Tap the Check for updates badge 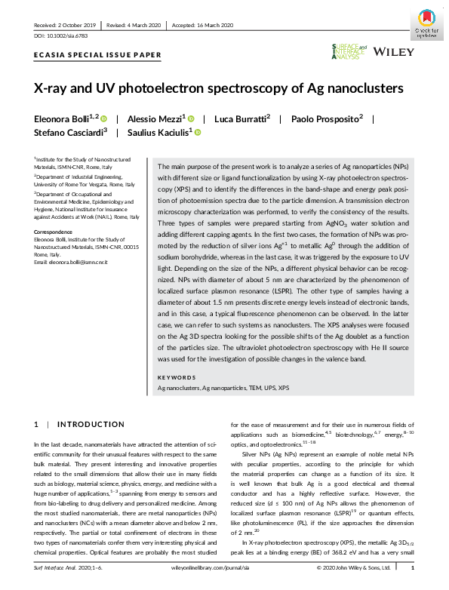[426, 23]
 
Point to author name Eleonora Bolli [63, 118]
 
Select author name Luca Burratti [241, 118]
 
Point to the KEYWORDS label [176, 377]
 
